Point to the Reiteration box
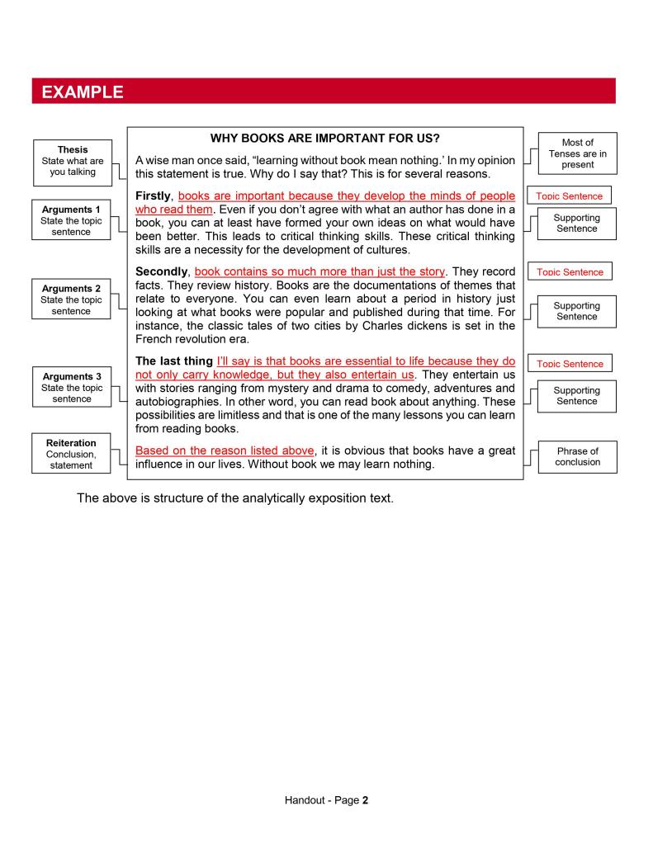click(71, 454)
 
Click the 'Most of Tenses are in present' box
click(577, 153)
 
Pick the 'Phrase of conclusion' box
click(577, 456)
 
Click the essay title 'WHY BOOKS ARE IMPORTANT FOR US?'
click(325, 138)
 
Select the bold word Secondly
click(163, 271)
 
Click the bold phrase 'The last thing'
click(173, 361)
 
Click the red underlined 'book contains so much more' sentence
click(319, 271)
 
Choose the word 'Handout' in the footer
click(305, 799)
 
